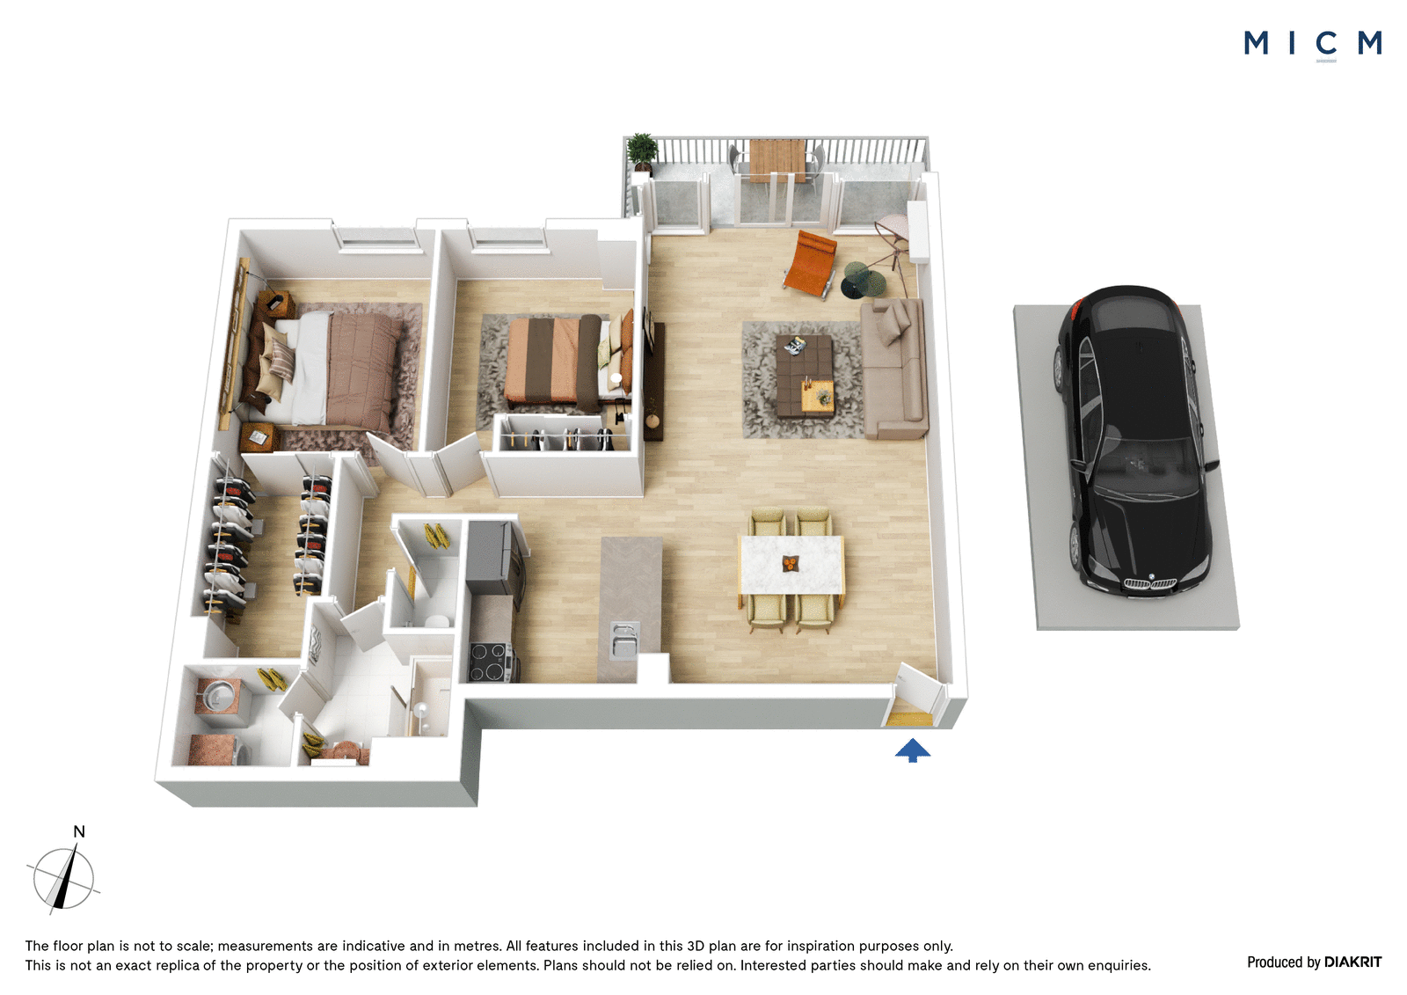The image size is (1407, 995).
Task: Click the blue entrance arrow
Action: click(x=912, y=750)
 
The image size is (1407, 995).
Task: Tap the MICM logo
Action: click(x=1312, y=44)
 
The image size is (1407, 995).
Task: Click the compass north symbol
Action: click(x=63, y=878)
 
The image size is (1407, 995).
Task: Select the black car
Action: click(x=1134, y=440)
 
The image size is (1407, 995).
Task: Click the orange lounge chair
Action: click(x=810, y=263)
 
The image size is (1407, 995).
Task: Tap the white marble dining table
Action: click(x=791, y=564)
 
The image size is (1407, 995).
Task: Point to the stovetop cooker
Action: click(x=488, y=662)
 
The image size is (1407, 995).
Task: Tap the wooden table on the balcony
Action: click(x=777, y=160)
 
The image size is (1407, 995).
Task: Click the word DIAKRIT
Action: click(x=1352, y=962)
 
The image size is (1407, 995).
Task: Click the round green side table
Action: click(x=864, y=279)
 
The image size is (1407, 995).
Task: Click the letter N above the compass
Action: click(x=79, y=831)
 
